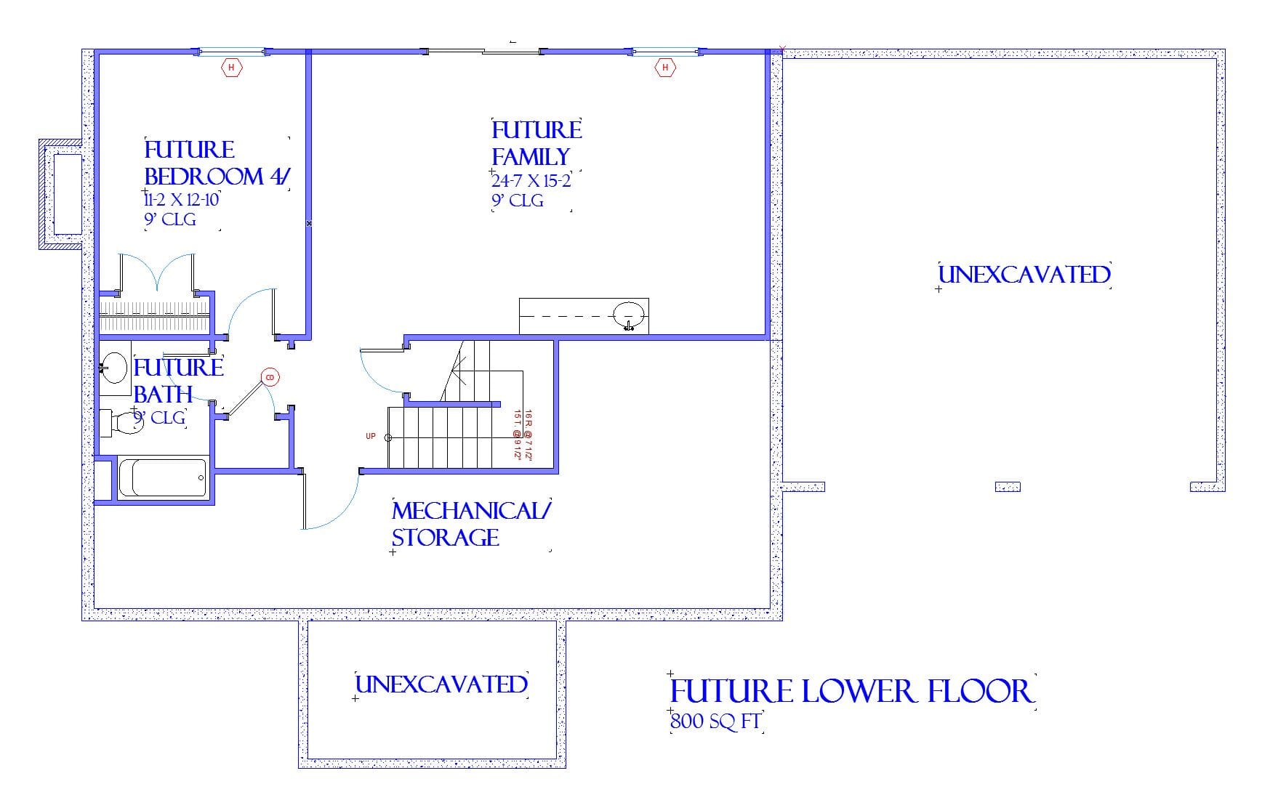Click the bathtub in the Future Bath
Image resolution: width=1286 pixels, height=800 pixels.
click(162, 477)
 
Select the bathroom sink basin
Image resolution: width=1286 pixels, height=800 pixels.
click(113, 368)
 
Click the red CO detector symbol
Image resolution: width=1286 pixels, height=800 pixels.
click(270, 377)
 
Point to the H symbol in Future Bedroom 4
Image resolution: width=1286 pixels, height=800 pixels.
click(231, 68)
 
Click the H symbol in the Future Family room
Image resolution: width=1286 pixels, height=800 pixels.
click(664, 68)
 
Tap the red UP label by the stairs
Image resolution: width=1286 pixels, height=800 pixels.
click(371, 436)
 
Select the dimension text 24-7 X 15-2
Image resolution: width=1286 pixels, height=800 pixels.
click(531, 181)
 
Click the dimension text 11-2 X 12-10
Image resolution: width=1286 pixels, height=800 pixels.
click(182, 200)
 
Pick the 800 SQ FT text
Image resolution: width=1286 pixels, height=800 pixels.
click(715, 722)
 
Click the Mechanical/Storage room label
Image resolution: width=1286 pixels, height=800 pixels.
click(470, 524)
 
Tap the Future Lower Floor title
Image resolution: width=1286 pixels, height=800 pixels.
click(851, 691)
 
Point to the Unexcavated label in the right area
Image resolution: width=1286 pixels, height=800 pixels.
click(1024, 275)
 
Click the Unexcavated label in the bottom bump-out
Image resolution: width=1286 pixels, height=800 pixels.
click(441, 684)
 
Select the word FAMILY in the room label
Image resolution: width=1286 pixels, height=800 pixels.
click(531, 157)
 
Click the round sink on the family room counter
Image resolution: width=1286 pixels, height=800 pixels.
click(628, 315)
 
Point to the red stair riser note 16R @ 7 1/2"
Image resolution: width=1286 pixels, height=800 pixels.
click(529, 435)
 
